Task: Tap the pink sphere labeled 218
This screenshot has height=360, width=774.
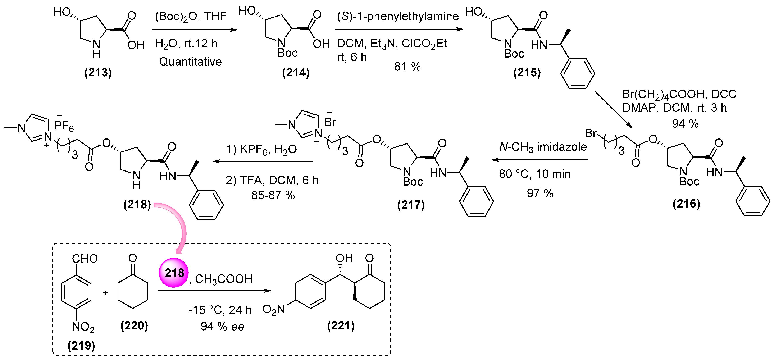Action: [x=174, y=273]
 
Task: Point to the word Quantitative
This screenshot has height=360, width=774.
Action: [x=190, y=61]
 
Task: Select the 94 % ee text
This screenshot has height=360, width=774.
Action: [x=222, y=326]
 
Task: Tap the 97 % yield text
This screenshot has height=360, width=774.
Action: [x=540, y=193]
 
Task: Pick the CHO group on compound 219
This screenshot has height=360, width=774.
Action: [x=85, y=258]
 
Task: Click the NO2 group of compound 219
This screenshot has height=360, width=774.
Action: [x=83, y=327]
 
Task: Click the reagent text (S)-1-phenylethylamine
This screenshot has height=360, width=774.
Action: [x=397, y=16]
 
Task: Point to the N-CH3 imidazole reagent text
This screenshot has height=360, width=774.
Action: [x=543, y=147]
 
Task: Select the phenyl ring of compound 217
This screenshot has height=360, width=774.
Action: [x=476, y=201]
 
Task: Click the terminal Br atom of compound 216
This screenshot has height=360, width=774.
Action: [x=590, y=133]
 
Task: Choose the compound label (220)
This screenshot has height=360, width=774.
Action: [x=134, y=325]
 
